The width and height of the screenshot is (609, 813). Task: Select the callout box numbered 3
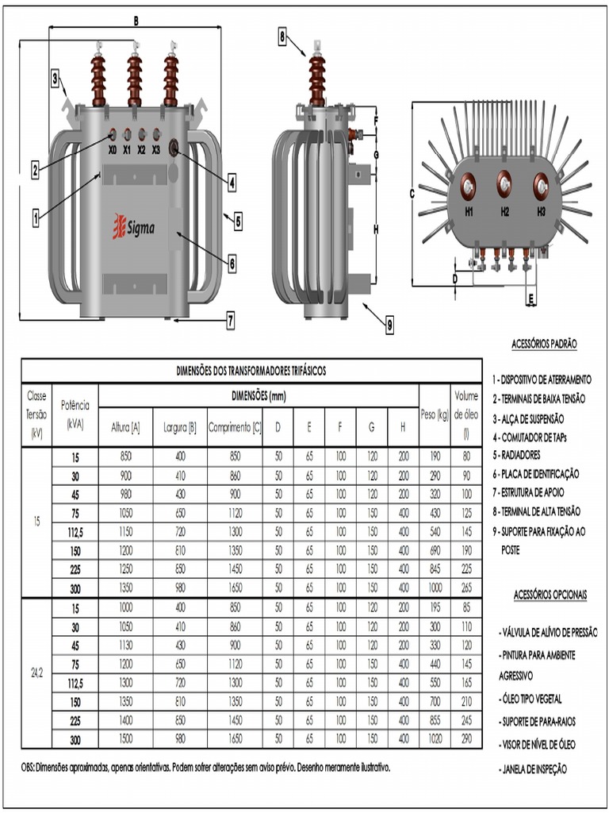click(56, 78)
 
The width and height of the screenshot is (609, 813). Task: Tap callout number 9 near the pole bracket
click(390, 323)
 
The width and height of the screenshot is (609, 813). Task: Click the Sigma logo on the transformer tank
click(133, 228)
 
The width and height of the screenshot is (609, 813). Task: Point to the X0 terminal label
click(112, 149)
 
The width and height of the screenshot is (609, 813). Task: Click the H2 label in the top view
click(505, 212)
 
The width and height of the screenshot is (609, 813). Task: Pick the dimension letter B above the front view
click(136, 21)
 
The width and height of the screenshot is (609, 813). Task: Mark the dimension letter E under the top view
click(530, 299)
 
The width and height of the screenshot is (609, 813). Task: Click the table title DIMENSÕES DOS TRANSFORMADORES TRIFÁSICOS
click(251, 371)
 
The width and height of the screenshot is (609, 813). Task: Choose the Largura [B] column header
click(179, 427)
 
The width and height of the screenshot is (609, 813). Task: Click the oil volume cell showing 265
click(466, 587)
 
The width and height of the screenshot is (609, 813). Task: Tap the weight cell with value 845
click(435, 568)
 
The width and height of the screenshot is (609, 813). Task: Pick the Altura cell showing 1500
click(125, 738)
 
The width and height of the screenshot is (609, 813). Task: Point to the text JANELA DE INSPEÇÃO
click(536, 769)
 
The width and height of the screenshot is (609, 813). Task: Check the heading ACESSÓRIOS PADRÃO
click(544, 344)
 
